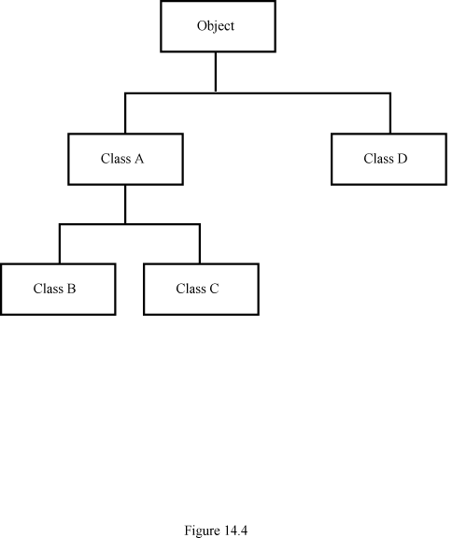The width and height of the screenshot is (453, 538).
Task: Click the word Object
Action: [x=216, y=26]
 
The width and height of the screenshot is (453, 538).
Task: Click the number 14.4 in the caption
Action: [x=236, y=531]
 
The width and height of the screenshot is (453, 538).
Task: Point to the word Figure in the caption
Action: [x=203, y=531]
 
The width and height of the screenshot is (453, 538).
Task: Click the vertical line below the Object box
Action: [x=216, y=72]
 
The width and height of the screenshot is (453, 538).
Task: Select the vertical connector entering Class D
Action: [x=390, y=113]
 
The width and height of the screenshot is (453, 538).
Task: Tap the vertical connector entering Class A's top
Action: [x=125, y=113]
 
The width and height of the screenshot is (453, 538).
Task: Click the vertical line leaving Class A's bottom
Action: [x=125, y=205]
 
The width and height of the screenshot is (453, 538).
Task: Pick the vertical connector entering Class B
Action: [x=60, y=244]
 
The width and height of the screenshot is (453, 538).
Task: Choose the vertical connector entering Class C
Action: [x=200, y=244]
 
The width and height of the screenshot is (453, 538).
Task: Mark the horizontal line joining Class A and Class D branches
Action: [x=258, y=93]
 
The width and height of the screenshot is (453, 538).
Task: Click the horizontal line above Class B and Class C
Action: [x=130, y=224]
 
